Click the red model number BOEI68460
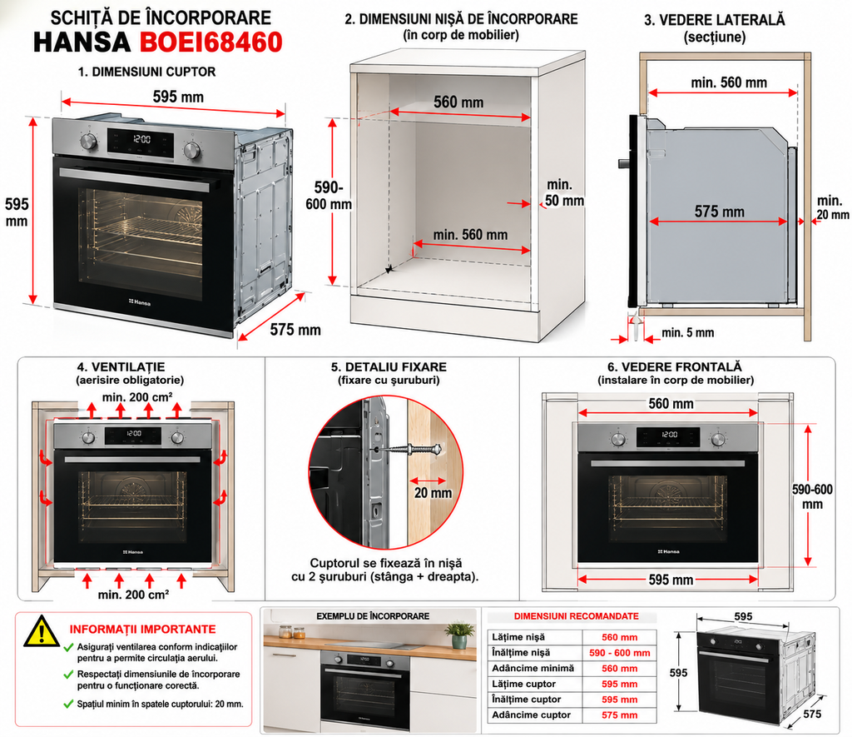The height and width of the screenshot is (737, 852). click(x=211, y=42)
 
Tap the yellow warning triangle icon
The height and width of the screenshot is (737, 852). click(x=42, y=632)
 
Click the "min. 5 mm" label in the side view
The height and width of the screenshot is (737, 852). click(x=687, y=333)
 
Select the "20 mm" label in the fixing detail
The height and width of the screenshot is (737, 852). click(x=433, y=493)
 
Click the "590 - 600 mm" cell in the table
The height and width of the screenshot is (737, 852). click(x=619, y=653)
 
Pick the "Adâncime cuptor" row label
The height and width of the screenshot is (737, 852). click(x=531, y=715)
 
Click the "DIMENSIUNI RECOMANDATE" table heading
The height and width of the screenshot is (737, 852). click(x=576, y=616)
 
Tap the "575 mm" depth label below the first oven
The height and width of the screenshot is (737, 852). click(x=295, y=330)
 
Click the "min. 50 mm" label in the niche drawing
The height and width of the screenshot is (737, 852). click(x=564, y=192)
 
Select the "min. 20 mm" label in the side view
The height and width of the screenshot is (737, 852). click(x=832, y=207)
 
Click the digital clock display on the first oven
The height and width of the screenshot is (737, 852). click(x=141, y=139)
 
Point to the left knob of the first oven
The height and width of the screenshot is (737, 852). click(x=88, y=142)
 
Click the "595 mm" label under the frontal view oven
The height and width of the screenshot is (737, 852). click(x=671, y=580)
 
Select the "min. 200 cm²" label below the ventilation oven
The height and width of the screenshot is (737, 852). click(x=133, y=595)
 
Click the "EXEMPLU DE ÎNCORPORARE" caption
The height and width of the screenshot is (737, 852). click(x=373, y=616)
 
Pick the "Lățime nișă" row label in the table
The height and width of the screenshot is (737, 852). click(x=518, y=637)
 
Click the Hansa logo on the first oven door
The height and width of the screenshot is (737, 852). click(x=140, y=301)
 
